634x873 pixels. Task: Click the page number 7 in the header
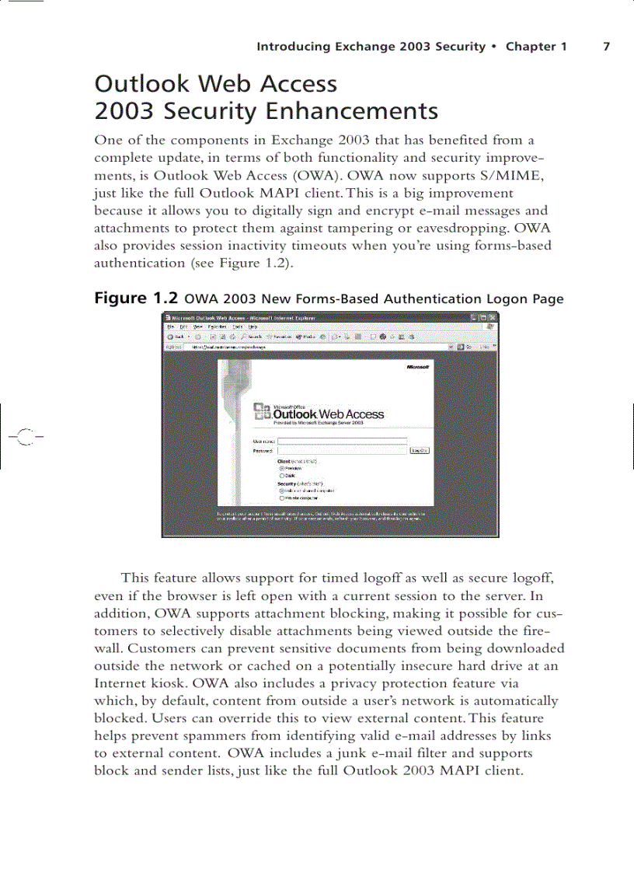pyautogui.click(x=607, y=47)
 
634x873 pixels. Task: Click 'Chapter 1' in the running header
pyautogui.click(x=536, y=47)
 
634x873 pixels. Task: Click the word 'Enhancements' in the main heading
pyautogui.click(x=352, y=112)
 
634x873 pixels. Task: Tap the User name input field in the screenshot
pyautogui.click(x=343, y=440)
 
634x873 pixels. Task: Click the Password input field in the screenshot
pyautogui.click(x=343, y=450)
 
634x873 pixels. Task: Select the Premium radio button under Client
pyautogui.click(x=281, y=468)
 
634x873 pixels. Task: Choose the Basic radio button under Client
pyautogui.click(x=281, y=476)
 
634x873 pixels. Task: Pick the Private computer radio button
pyautogui.click(x=281, y=498)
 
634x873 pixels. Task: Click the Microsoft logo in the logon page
pyautogui.click(x=417, y=367)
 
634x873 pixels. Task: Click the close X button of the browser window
pyautogui.click(x=492, y=317)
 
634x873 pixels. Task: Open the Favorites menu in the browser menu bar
pyautogui.click(x=216, y=327)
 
